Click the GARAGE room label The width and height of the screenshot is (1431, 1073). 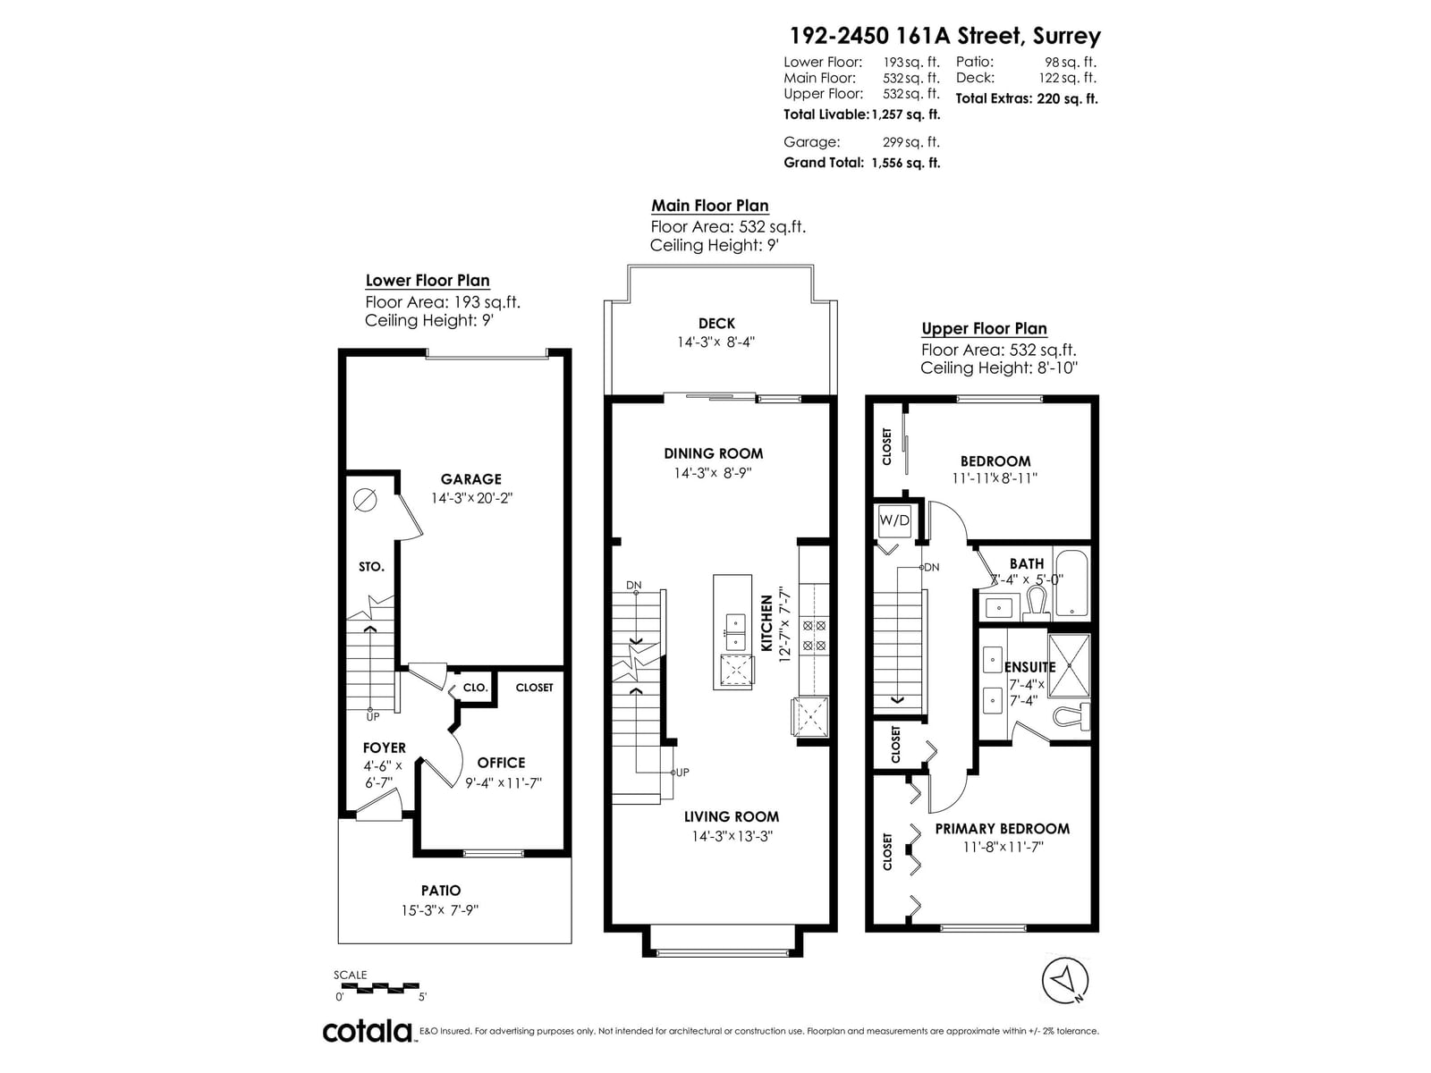[470, 479]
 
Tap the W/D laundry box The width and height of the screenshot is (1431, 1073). [893, 520]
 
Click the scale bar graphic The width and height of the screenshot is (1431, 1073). [380, 988]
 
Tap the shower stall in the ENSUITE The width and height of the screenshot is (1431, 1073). [1069, 665]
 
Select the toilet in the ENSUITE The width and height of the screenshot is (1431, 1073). [1071, 716]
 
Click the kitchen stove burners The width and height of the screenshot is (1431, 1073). [814, 635]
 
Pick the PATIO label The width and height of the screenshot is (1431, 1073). [441, 891]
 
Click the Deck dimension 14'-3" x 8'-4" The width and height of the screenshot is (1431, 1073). [715, 342]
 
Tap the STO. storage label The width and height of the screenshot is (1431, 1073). [371, 567]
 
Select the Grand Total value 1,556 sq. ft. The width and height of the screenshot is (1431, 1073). [905, 163]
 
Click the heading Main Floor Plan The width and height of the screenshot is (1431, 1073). [710, 206]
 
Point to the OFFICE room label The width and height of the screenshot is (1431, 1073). [501, 763]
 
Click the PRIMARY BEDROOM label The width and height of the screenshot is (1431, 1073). [1002, 829]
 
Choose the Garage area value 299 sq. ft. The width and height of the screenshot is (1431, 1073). [910, 142]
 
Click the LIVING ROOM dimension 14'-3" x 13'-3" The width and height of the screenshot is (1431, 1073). [732, 836]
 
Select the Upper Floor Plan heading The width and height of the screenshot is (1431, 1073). [984, 328]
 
